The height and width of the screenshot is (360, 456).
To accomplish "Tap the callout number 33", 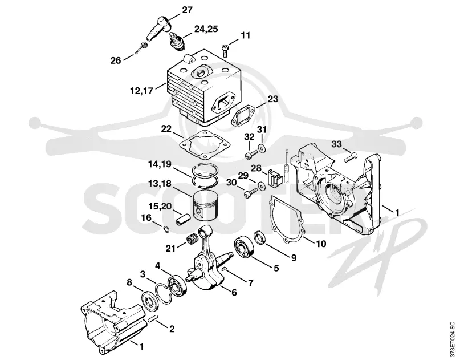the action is click(336, 144).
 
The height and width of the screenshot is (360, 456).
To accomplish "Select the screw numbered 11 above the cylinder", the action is click(225, 51).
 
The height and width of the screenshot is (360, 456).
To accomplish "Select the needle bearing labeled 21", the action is click(190, 241).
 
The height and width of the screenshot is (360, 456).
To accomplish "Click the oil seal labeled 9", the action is click(259, 237).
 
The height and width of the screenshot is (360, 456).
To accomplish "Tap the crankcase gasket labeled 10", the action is click(287, 219).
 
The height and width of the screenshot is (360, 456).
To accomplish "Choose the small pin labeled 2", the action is click(152, 319).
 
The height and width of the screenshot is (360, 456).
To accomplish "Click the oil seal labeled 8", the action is click(150, 300).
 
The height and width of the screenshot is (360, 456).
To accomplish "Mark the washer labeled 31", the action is click(263, 148).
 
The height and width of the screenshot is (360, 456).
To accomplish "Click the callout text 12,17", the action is click(141, 91).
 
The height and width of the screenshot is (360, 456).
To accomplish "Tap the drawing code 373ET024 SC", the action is click(451, 339).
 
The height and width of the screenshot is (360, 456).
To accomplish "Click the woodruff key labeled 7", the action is click(225, 269).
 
